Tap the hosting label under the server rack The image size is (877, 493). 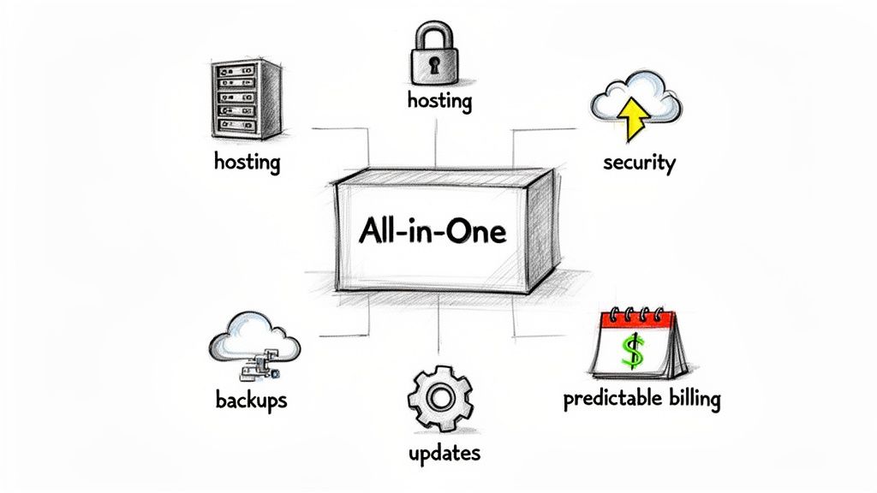click(x=247, y=161)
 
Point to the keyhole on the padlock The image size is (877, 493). click(x=438, y=64)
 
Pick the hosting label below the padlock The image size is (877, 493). click(x=438, y=101)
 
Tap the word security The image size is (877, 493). click(x=639, y=162)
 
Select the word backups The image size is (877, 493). click(x=252, y=401)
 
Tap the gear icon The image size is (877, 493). click(x=440, y=398)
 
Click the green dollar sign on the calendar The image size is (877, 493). click(x=633, y=352)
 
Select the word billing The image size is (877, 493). click(x=689, y=399)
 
